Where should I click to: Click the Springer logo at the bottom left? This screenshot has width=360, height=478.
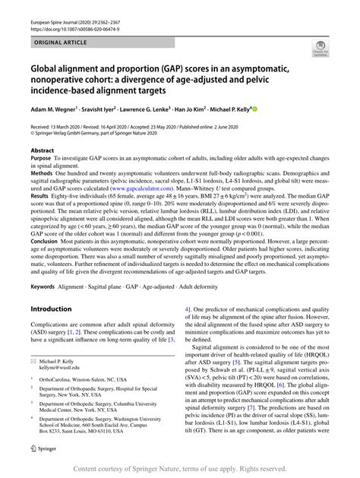pos(43,469)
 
